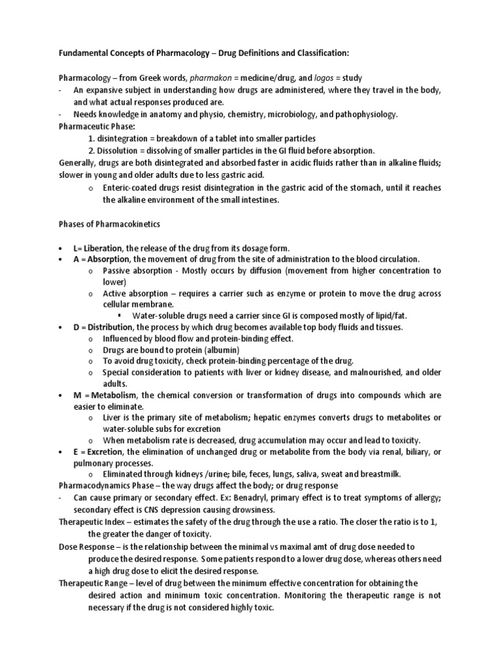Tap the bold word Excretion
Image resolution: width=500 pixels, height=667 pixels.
(104, 451)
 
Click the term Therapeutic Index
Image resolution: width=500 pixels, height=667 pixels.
(91, 522)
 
